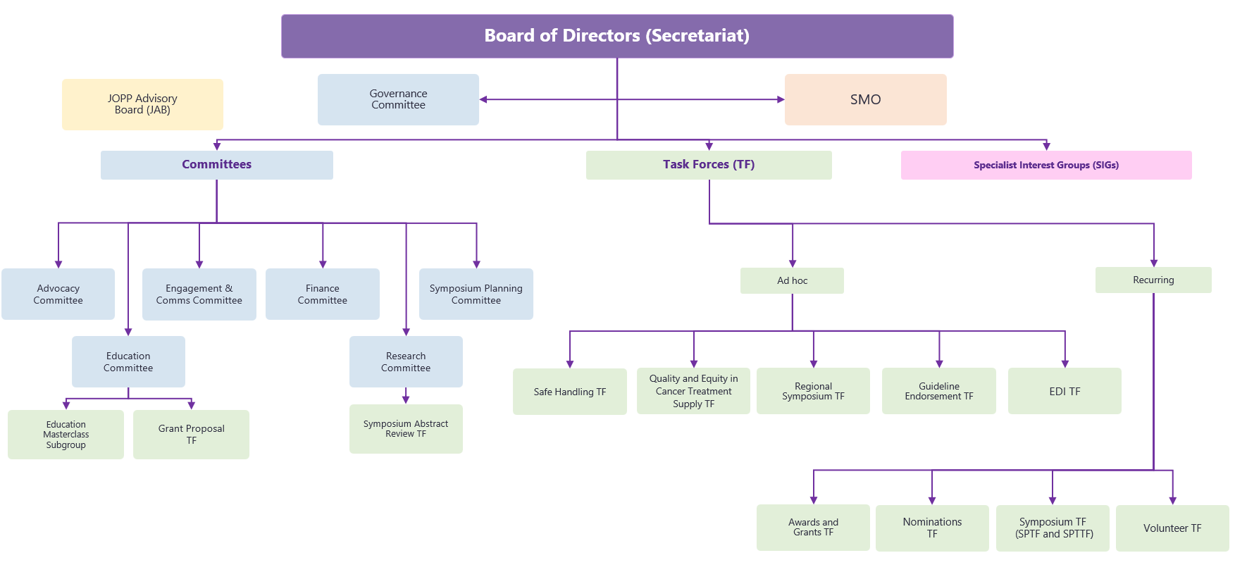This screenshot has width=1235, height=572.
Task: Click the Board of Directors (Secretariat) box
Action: click(x=617, y=36)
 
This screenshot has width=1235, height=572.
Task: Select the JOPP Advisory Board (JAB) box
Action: click(x=142, y=104)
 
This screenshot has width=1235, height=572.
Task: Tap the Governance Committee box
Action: click(x=398, y=99)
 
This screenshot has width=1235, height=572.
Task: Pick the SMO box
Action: click(x=865, y=99)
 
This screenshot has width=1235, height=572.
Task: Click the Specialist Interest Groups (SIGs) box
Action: click(x=1046, y=165)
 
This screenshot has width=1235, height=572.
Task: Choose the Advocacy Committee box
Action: click(x=58, y=294)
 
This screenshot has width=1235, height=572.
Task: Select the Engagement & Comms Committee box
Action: click(x=199, y=294)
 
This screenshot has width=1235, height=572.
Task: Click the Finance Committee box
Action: click(x=322, y=294)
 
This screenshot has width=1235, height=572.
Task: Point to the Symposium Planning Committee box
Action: click(x=476, y=294)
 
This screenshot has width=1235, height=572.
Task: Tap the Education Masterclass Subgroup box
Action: click(x=66, y=435)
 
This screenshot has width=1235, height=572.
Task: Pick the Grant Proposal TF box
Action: click(x=191, y=435)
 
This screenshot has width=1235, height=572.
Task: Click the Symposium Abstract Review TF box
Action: click(x=406, y=428)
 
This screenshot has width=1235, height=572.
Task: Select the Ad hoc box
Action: click(x=792, y=280)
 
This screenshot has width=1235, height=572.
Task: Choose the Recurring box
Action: click(x=1153, y=280)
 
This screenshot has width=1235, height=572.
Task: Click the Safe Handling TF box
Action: click(x=569, y=392)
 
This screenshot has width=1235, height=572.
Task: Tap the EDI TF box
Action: click(x=1065, y=391)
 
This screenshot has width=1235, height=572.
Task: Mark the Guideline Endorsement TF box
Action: click(x=938, y=391)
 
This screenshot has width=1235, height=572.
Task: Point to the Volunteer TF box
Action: click(x=1172, y=528)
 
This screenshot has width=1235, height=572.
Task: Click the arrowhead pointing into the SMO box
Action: click(x=781, y=99)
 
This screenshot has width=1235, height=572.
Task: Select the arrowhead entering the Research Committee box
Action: click(x=406, y=332)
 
